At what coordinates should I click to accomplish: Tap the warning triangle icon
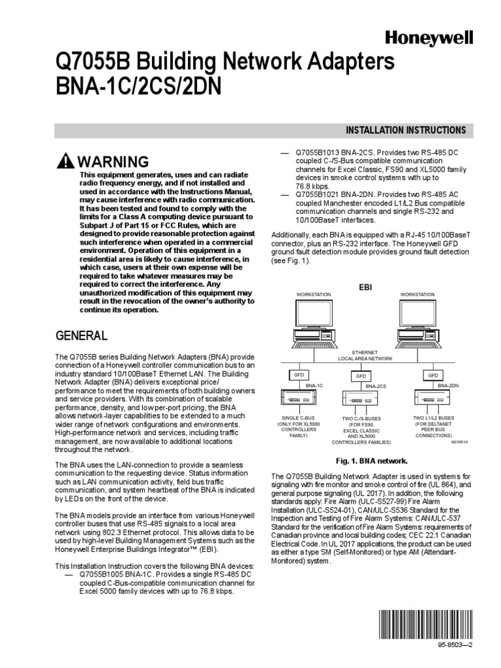click(65, 162)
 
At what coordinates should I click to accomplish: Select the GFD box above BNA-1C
click(297, 376)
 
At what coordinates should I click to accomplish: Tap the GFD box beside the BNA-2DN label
click(433, 376)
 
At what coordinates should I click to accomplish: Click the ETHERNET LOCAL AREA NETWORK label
click(365, 356)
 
